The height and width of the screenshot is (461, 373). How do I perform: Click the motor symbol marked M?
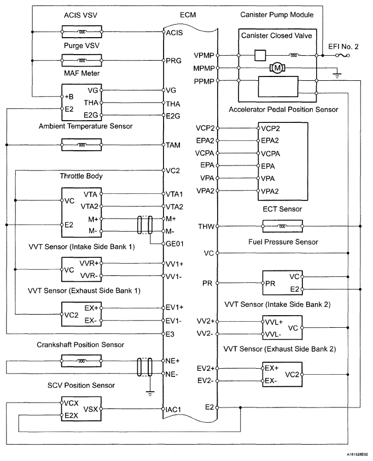278,68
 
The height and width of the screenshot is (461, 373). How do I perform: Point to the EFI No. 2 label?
343,47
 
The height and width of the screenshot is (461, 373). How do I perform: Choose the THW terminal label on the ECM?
206,226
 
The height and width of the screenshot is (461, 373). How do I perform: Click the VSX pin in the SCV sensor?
91,409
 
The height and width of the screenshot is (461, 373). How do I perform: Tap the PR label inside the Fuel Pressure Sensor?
270,283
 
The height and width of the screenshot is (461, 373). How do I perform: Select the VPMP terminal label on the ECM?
205,56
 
